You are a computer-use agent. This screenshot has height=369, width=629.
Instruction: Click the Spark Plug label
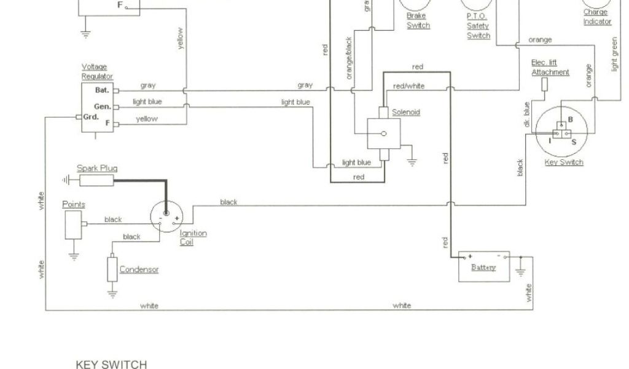pyautogui.click(x=97, y=168)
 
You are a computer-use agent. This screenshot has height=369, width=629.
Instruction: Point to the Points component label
pyautogui.click(x=74, y=204)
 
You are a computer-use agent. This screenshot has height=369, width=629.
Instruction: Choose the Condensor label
pyautogui.click(x=139, y=269)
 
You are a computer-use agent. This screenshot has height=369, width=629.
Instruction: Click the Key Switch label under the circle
pyautogui.click(x=564, y=162)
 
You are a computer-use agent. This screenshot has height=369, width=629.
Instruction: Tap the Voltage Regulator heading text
pyautogui.click(x=97, y=71)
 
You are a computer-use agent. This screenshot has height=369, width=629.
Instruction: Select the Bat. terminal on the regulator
pyautogui.click(x=102, y=90)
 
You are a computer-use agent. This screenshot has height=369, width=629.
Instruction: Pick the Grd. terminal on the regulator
pyautogui.click(x=90, y=116)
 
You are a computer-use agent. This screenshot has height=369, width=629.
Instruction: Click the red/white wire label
pyautogui.click(x=408, y=86)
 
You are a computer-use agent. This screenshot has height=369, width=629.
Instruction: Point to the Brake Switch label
pyautogui.click(x=418, y=21)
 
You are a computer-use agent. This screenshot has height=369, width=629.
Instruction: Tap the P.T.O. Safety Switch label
pyautogui.click(x=478, y=25)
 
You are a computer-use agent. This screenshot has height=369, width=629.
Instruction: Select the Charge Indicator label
pyautogui.click(x=596, y=17)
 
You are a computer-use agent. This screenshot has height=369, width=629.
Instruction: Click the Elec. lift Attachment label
pyautogui.click(x=550, y=68)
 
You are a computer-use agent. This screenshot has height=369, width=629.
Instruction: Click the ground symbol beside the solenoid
pyautogui.click(x=412, y=162)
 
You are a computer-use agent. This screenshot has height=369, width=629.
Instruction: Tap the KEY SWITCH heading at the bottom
pyautogui.click(x=111, y=364)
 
